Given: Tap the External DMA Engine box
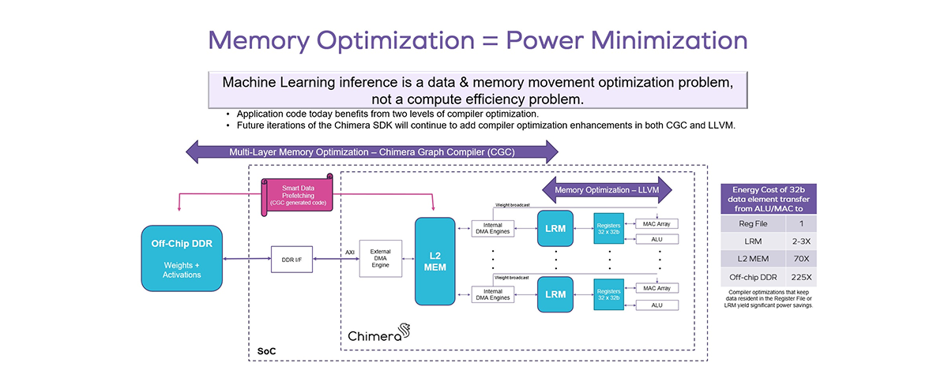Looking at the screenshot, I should point(381,259).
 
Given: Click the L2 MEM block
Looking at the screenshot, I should point(435,261).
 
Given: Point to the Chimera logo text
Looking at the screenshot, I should point(374,335).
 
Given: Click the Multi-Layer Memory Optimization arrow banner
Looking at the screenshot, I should point(371,151).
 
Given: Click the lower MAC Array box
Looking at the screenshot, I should point(656,288).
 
